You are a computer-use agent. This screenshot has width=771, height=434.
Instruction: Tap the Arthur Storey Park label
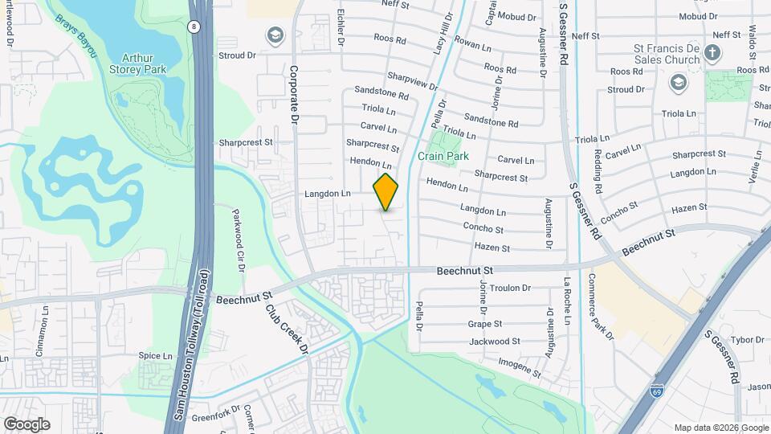pyautogui.click(x=143, y=63)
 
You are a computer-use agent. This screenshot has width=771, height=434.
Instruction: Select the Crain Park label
pyautogui.click(x=443, y=156)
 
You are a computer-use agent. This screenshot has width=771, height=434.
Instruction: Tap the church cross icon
pyautogui.click(x=712, y=54)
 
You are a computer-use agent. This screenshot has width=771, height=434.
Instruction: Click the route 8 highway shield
pyautogui.click(x=194, y=27)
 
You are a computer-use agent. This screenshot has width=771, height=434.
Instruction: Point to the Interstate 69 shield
pyautogui.click(x=656, y=391)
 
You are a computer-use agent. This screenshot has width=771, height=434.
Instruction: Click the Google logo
pyautogui.click(x=27, y=424)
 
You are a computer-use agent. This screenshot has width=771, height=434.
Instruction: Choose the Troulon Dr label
pyautogui.click(x=511, y=288)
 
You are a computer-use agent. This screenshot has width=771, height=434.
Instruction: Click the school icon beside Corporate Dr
pyautogui.click(x=275, y=35)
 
